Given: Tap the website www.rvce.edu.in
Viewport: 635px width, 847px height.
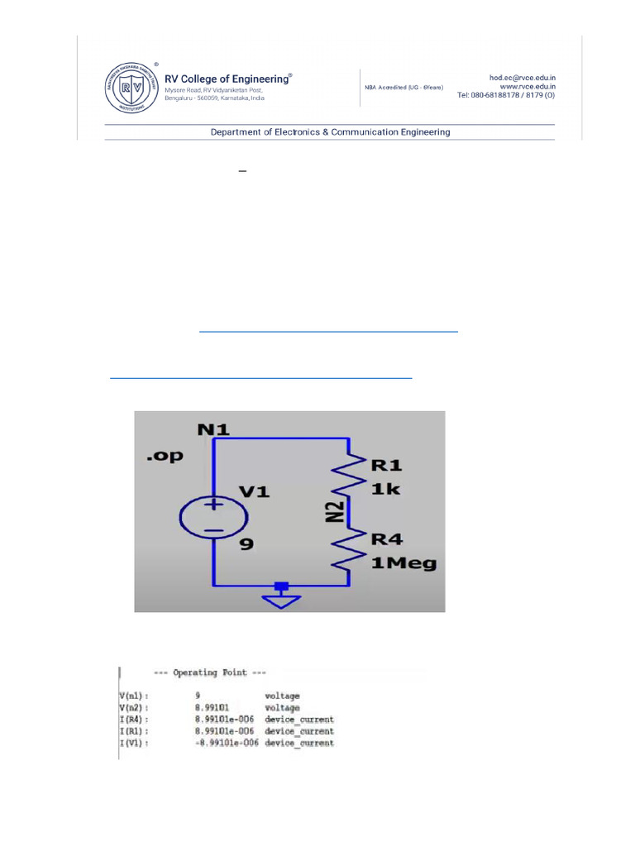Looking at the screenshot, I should click(526, 86).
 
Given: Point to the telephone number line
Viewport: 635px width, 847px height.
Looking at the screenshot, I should click(506, 95).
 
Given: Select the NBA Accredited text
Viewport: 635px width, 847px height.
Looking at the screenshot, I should click(403, 87).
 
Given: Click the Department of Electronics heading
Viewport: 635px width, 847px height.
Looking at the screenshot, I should click(330, 132).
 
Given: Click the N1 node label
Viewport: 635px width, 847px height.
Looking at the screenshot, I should click(213, 429).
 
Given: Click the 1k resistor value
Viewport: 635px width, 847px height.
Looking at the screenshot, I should click(386, 489).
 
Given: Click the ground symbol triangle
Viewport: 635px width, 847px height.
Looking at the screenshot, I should click(282, 600).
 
